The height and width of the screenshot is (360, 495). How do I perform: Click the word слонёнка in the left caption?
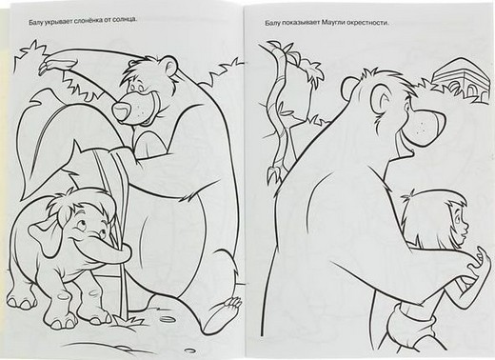pos(86,21)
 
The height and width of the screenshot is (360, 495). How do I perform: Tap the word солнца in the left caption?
pos(126,20)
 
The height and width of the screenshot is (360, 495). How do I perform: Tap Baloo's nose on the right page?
pos(429,126)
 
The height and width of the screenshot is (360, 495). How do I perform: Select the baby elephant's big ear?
pos(43,235)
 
